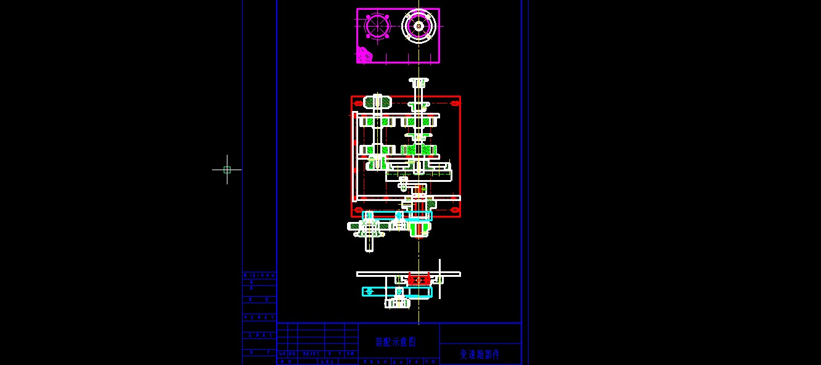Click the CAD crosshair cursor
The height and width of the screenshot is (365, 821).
(x=227, y=170)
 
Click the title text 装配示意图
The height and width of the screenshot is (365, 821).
(x=396, y=342)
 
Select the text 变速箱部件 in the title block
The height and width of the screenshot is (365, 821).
(x=480, y=354)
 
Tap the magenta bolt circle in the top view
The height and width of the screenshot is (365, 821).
(x=377, y=26)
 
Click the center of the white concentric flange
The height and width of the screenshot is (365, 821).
(x=419, y=26)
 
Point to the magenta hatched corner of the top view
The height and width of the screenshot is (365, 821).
(x=364, y=55)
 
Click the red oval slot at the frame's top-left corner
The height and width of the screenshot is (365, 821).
(x=358, y=104)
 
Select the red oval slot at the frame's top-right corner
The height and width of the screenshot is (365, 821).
(x=454, y=104)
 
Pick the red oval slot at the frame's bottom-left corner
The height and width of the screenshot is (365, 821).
(x=358, y=210)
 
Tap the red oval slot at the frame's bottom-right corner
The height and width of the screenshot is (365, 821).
(x=454, y=210)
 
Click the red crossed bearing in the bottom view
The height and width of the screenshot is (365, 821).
(x=419, y=280)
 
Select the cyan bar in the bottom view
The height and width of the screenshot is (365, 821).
(x=396, y=292)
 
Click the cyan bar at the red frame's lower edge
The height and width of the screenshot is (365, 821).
(x=397, y=215)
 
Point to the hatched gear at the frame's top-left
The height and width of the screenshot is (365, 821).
(x=377, y=102)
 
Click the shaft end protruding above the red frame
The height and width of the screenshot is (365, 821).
(x=419, y=82)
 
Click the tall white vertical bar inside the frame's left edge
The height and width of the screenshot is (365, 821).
(x=354, y=157)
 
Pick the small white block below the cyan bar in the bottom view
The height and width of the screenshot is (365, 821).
(x=398, y=303)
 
